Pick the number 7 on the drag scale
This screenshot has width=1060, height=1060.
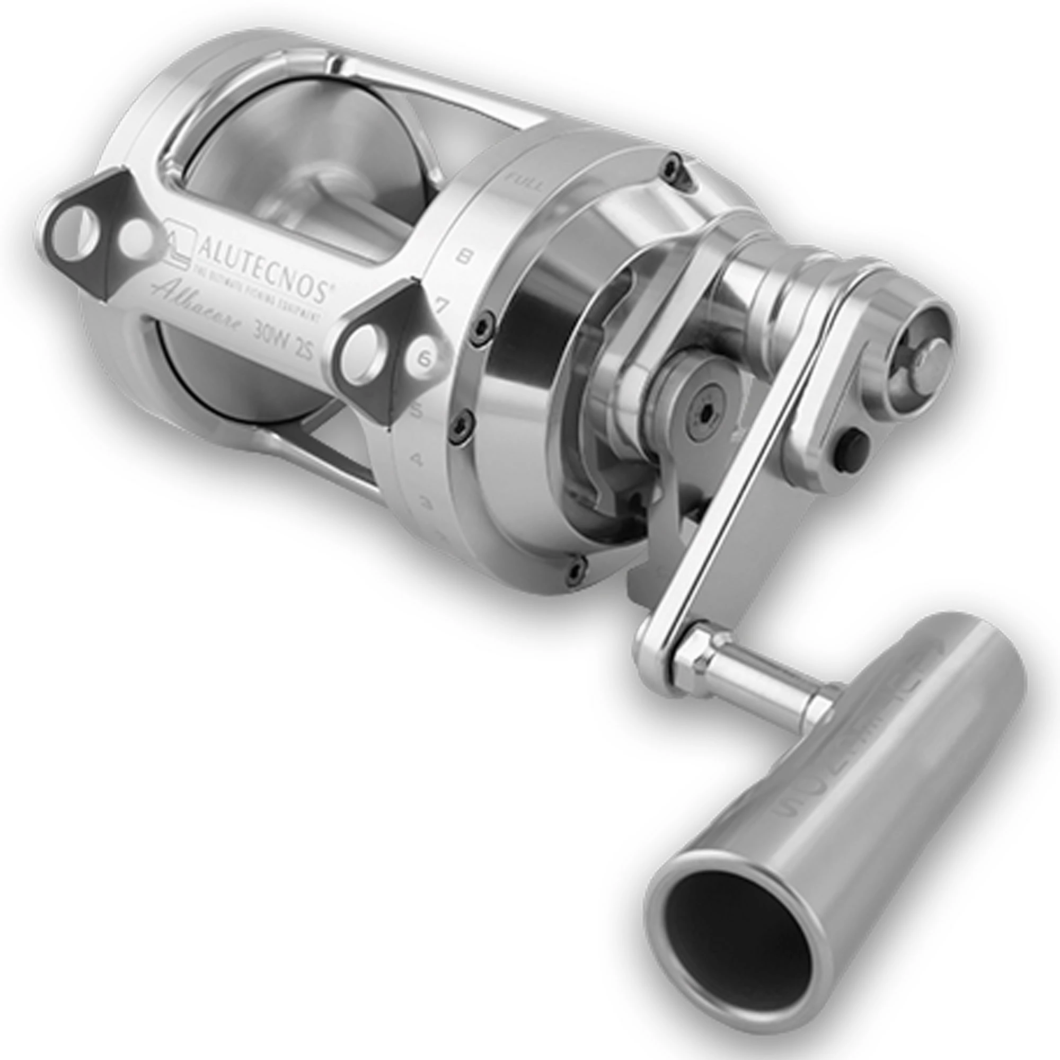442,305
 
